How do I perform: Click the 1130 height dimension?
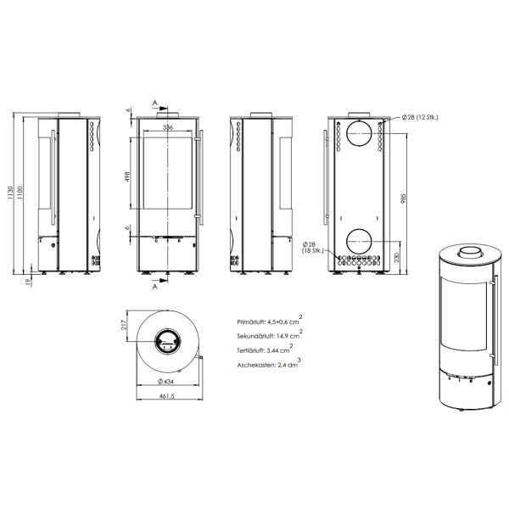click(x=10, y=193)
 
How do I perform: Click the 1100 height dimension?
click(x=20, y=193)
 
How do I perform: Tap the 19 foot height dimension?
click(x=28, y=282)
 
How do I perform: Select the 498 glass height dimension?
click(x=127, y=176)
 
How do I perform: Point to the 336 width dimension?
click(x=167, y=127)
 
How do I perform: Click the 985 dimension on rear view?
click(x=404, y=199)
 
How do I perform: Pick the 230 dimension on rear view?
click(x=396, y=258)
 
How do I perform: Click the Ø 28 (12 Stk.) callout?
click(x=420, y=118)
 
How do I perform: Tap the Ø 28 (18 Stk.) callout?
click(x=313, y=248)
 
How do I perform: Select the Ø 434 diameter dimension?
click(x=165, y=382)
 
